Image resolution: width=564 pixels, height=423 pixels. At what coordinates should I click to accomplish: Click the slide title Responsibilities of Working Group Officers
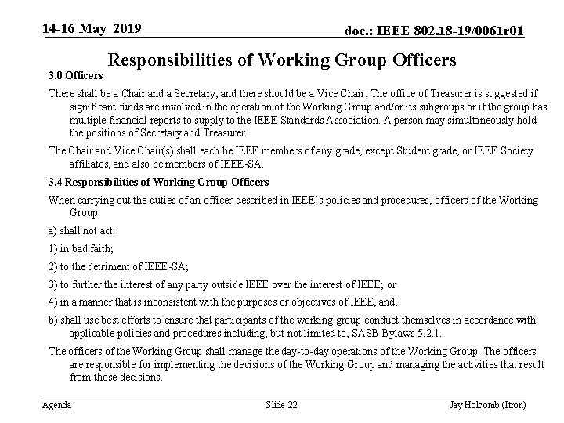[x=281, y=60]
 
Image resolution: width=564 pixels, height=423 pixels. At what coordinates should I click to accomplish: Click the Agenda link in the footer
[x=56, y=404]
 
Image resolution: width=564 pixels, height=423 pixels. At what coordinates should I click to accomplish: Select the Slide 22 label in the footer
[x=281, y=404]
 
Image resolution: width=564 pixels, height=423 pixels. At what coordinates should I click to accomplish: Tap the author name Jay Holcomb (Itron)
[x=487, y=404]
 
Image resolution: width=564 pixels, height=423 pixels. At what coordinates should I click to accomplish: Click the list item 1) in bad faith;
[x=81, y=248]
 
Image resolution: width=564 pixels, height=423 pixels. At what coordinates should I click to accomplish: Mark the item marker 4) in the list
[x=53, y=302]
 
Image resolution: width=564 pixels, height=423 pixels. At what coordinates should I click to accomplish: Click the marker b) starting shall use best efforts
[x=53, y=320]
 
